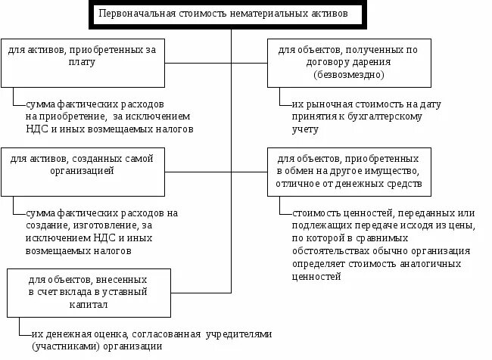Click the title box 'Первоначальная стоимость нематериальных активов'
(x=232, y=15)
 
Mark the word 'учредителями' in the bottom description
(x=234, y=334)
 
